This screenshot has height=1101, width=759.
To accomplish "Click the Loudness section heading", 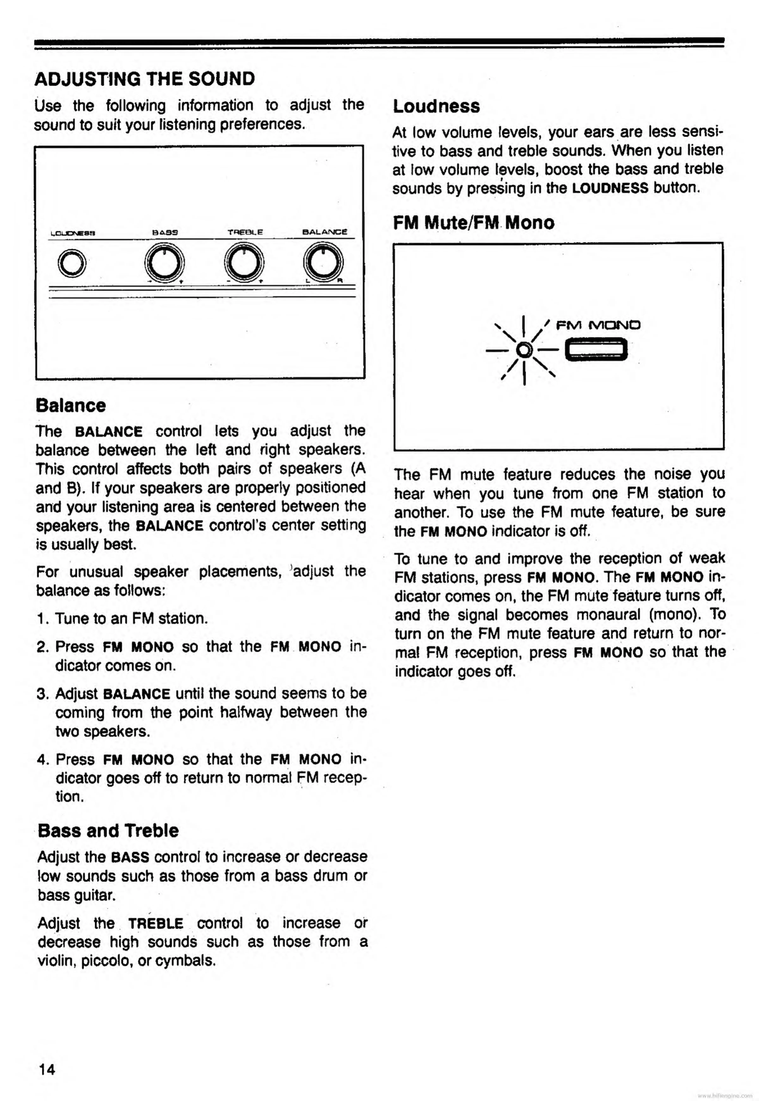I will pyautogui.click(x=436, y=106).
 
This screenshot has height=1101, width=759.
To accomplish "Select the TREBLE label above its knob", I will pyautogui.click(x=245, y=232).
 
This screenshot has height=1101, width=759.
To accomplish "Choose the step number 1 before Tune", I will pyautogui.click(x=41, y=619).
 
